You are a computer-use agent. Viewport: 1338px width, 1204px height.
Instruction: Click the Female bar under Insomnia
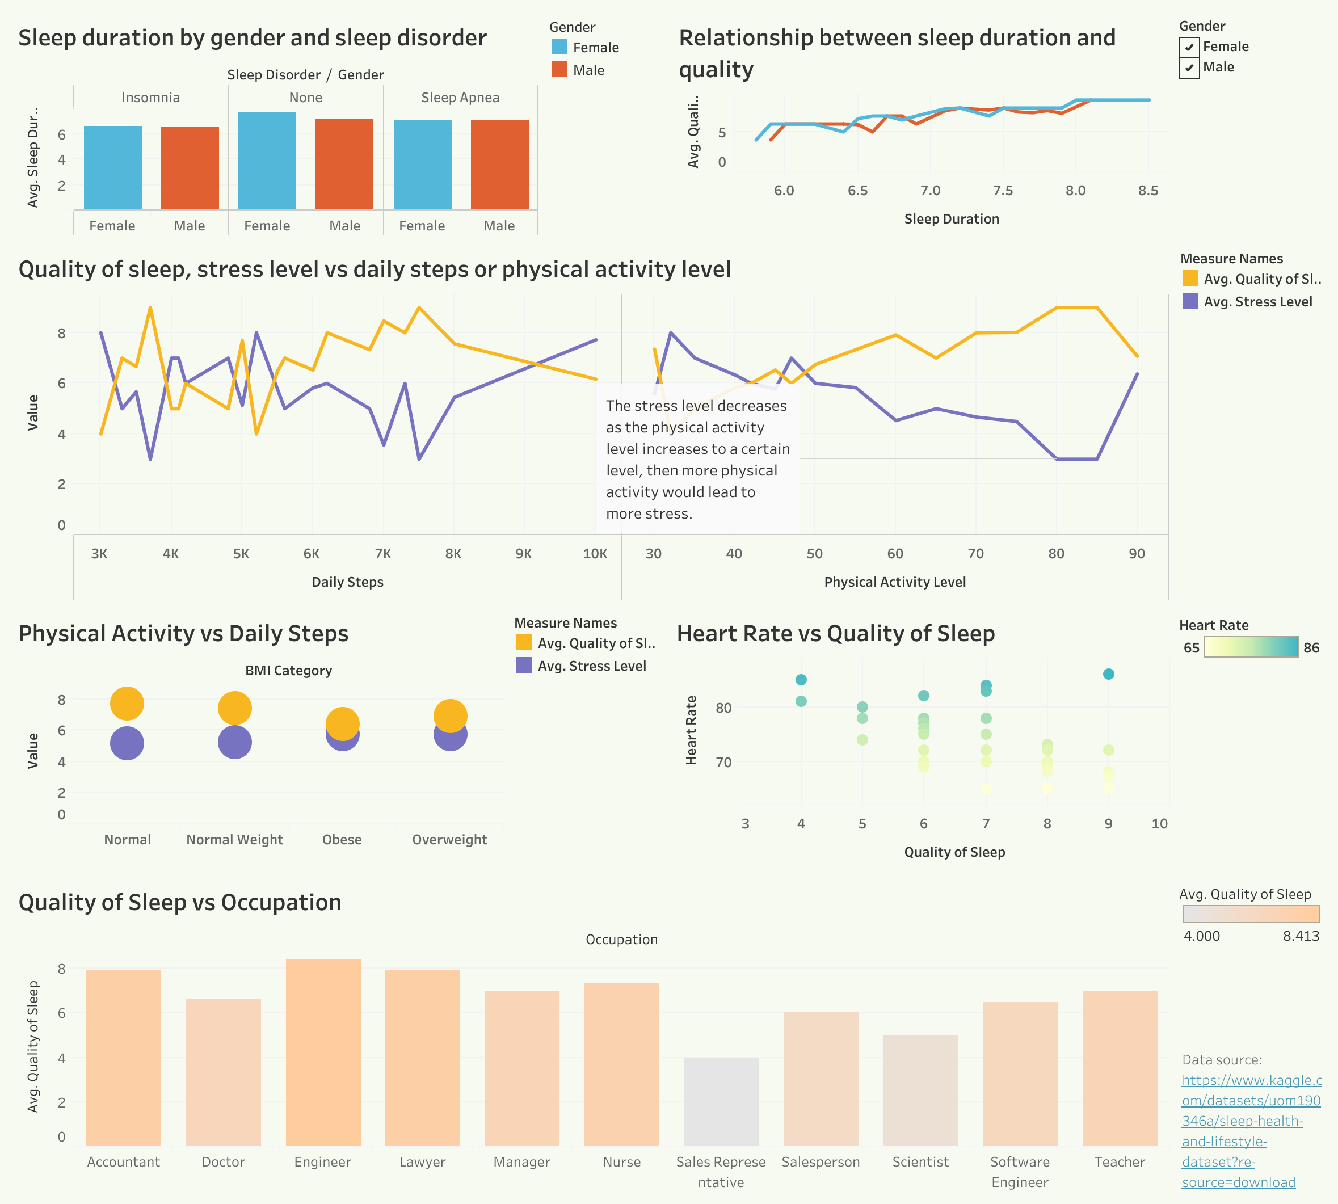[112, 167]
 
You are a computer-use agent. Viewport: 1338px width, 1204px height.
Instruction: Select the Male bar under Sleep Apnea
[499, 165]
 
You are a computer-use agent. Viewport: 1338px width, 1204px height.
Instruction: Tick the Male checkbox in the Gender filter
[1189, 68]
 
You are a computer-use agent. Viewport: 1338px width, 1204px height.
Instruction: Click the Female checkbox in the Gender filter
[1189, 47]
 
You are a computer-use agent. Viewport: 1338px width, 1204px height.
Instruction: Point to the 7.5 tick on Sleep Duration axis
[1003, 191]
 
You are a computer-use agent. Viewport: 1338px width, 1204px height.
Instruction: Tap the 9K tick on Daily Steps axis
[523, 554]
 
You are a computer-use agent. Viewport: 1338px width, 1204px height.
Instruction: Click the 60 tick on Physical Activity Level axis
[895, 554]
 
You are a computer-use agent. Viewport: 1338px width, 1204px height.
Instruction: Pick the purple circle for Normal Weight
[235, 742]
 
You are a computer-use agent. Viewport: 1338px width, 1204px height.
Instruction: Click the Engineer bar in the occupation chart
[323, 1052]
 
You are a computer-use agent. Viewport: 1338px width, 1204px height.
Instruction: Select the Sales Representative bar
[721, 1101]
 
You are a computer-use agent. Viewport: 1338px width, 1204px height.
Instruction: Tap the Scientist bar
[920, 1090]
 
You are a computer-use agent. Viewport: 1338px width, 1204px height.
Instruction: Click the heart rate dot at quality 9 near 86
[1108, 674]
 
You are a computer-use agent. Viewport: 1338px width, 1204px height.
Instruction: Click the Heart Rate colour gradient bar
[1251, 647]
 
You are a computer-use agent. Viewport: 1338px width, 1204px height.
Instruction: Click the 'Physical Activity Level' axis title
[895, 582]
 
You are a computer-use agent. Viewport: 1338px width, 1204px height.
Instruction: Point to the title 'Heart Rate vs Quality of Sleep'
[836, 634]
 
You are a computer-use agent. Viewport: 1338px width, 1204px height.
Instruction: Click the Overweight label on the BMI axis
[449, 840]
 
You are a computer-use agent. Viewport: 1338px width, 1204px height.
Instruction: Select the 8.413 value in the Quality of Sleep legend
[1301, 936]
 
